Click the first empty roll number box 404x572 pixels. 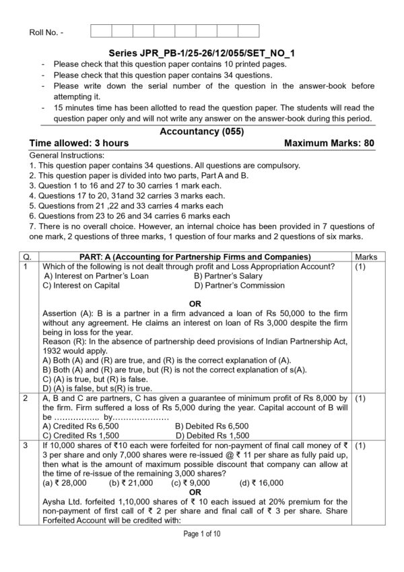pyautogui.click(x=100, y=30)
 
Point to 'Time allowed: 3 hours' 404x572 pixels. pyautogui.click(x=79, y=143)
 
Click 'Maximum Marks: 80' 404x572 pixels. pyautogui.click(x=329, y=143)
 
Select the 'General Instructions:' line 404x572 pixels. pyautogui.click(x=65, y=155)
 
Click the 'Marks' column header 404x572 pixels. pyautogui.click(x=365, y=257)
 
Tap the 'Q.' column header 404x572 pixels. pyautogui.click(x=27, y=257)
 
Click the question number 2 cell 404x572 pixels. pyautogui.click(x=26, y=399)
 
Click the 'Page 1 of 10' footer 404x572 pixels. pyautogui.click(x=202, y=552)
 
